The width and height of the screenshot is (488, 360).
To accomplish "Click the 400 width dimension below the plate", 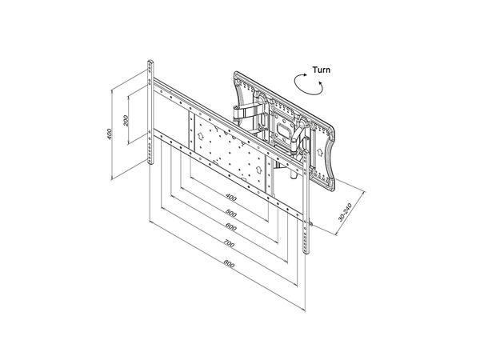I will pyautogui.click(x=231, y=198).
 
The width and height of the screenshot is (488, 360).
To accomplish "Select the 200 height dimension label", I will pyautogui.click(x=126, y=121).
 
